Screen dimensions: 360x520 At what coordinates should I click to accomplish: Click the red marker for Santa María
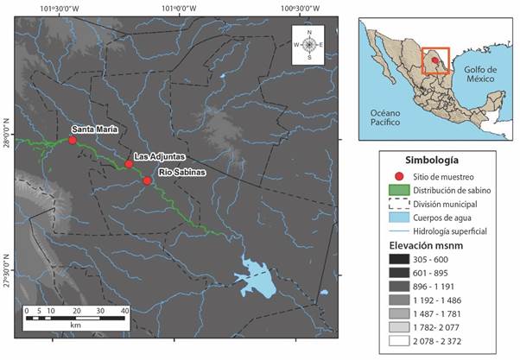73,140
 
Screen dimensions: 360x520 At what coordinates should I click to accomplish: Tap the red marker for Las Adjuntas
129,164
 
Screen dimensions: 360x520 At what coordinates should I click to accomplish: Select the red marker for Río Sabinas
148,180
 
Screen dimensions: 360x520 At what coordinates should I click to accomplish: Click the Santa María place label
94,129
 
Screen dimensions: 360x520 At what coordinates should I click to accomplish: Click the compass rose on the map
308,44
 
